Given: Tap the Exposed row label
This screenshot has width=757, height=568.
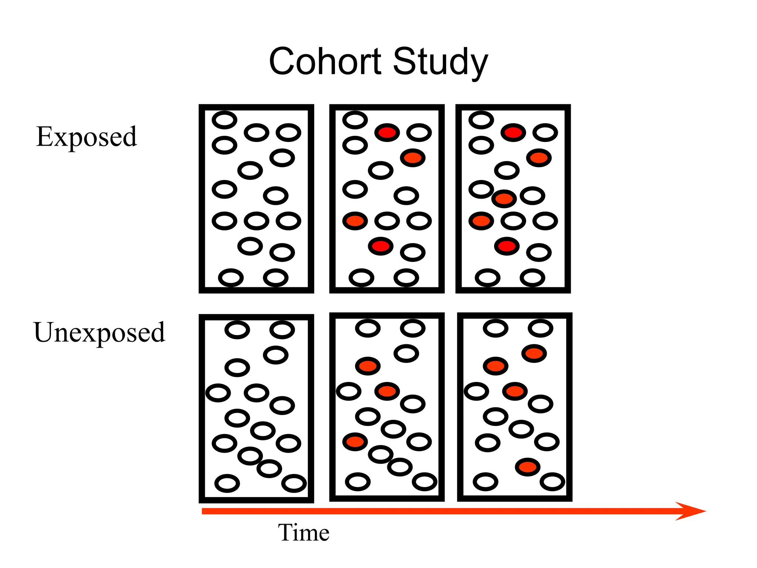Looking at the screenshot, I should coord(86,137).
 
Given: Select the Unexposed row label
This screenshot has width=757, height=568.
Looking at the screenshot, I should coord(99,332).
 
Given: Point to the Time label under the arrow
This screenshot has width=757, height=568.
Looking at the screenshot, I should coord(303,532).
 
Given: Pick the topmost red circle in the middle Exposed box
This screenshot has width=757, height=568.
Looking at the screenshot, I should coord(387,132).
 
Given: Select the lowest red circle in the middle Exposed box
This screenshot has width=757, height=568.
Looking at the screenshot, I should coord(381,246).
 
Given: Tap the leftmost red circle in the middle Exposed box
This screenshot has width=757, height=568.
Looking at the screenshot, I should coord(355,221).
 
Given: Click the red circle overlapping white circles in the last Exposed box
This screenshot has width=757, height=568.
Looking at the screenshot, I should coord(504,199).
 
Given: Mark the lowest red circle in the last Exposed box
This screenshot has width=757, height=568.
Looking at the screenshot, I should coord(507,246).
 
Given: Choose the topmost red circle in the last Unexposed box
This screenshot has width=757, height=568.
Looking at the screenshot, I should coord(534,354).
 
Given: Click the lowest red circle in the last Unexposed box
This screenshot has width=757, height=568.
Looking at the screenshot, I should coord(528,467).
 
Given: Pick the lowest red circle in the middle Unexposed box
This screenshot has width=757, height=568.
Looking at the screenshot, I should coord(355,442).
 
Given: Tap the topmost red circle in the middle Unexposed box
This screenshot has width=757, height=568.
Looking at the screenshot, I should coord(368,366).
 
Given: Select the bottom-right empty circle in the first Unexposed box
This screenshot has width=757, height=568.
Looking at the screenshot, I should coord(294,483).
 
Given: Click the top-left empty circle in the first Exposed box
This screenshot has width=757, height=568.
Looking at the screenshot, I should coord(224,120).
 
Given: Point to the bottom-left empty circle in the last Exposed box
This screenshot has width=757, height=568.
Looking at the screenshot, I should coord(488,278).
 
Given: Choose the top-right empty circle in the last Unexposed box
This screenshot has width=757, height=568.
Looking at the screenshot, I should coord(540,328).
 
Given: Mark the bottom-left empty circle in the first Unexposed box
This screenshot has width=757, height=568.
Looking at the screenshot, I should coord(227,483).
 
